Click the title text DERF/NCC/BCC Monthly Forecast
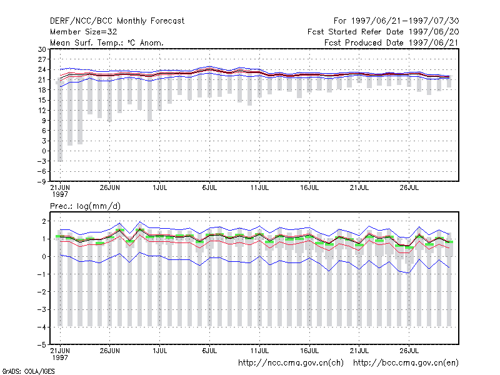[x=117, y=21]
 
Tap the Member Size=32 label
[x=84, y=32]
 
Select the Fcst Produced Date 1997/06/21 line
[x=391, y=42]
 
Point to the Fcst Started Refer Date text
[x=355, y=32]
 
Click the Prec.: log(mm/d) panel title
[x=85, y=206]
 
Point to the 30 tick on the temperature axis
[x=42, y=49]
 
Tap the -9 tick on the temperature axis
[x=41, y=182]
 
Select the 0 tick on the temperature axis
[x=44, y=151]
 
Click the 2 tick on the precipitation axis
[x=44, y=221]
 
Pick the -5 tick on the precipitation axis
[x=41, y=345]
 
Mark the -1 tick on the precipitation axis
[x=41, y=274]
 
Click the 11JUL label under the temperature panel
[x=259, y=187]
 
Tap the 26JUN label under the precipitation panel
[x=110, y=351]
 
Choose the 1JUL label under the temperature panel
[x=160, y=187]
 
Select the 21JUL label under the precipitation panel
[x=359, y=351]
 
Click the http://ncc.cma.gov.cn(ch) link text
[x=291, y=363]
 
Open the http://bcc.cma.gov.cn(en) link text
[x=406, y=363]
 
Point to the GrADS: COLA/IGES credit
[x=28, y=371]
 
